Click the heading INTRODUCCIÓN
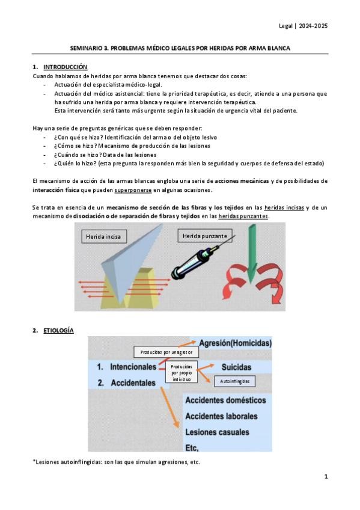[x=66, y=67]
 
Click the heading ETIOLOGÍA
[x=58, y=330]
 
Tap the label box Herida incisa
[x=103, y=236]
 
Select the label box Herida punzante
[x=205, y=236]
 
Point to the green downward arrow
[x=252, y=254]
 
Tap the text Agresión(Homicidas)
[x=235, y=343]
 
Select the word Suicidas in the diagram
[x=236, y=367]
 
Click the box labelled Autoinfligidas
[x=234, y=381]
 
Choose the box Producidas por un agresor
[x=166, y=352]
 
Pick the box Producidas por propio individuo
[x=182, y=373]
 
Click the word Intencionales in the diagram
[x=133, y=367]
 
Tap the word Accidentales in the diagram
[x=133, y=383]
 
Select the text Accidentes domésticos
[x=225, y=400]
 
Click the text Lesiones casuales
[x=217, y=432]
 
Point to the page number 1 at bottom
[x=326, y=476]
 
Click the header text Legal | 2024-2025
[x=303, y=26]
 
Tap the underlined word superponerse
[x=133, y=190]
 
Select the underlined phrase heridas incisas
[x=284, y=207]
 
